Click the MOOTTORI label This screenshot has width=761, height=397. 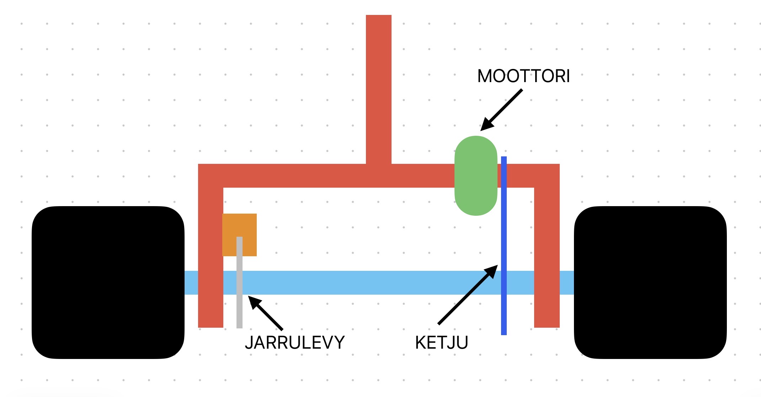(x=523, y=76)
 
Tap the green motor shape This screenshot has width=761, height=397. (x=476, y=176)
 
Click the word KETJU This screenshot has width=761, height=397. (x=441, y=343)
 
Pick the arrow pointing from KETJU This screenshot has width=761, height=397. (x=466, y=296)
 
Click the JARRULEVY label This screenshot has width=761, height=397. (x=295, y=343)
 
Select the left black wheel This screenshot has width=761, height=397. (x=108, y=282)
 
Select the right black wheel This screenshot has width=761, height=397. (x=650, y=282)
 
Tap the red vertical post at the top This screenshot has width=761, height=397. (x=378, y=89)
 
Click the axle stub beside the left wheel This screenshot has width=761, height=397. (x=191, y=283)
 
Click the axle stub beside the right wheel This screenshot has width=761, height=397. (x=567, y=283)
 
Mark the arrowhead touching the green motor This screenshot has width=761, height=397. (x=486, y=125)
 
